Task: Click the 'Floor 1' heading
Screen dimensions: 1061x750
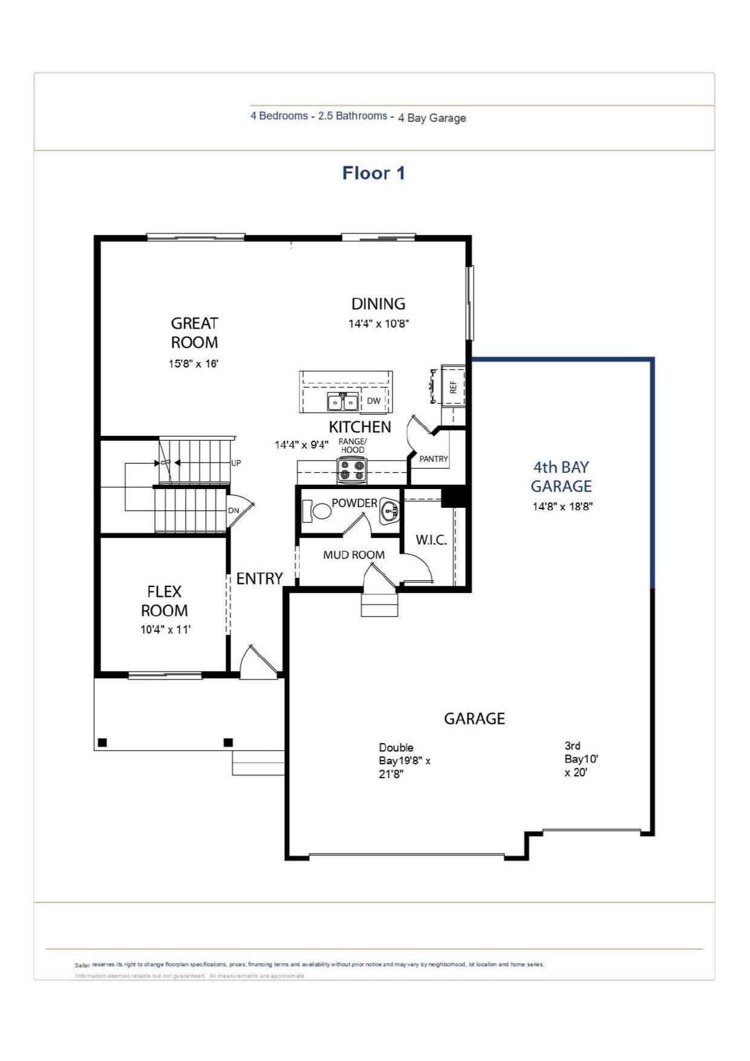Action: click(x=373, y=173)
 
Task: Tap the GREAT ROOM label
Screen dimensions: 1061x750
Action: click(x=194, y=333)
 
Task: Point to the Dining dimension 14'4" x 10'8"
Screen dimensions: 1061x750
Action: click(x=379, y=323)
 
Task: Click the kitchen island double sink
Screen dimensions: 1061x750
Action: click(x=342, y=401)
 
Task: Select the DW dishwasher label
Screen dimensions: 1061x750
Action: click(x=374, y=401)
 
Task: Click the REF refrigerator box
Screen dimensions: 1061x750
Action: click(x=453, y=386)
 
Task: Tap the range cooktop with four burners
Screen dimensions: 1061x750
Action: click(x=352, y=470)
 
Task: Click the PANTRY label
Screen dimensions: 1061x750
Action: click(x=434, y=459)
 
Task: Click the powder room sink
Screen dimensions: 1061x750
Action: click(x=389, y=512)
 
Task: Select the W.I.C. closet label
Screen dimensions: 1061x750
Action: click(x=431, y=540)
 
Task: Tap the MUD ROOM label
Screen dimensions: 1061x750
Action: click(x=354, y=554)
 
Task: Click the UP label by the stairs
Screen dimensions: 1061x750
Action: click(x=236, y=463)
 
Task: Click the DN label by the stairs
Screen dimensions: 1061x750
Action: click(x=233, y=510)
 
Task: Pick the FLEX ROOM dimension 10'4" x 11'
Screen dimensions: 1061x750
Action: click(x=165, y=629)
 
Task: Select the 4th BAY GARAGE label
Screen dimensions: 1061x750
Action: click(x=561, y=476)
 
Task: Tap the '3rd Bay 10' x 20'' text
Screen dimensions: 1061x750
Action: click(x=581, y=759)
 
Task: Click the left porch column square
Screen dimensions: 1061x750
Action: click(x=102, y=742)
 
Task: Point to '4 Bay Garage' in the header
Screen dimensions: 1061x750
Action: click(x=432, y=118)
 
